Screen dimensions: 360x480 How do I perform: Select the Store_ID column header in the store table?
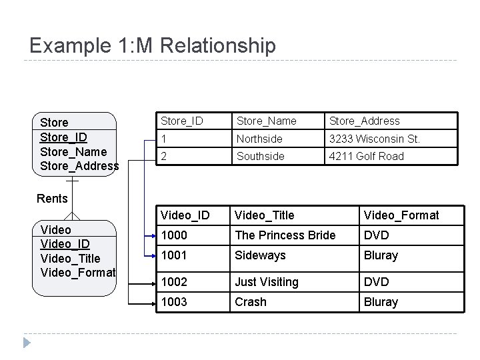[x=181, y=121]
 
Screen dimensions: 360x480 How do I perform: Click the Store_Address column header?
[x=364, y=121]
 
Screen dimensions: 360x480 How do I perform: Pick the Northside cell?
[x=259, y=139]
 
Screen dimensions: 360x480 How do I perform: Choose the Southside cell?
[x=260, y=156]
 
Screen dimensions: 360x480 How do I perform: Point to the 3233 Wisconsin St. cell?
[x=373, y=139]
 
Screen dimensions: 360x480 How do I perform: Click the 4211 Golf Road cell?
[x=366, y=156]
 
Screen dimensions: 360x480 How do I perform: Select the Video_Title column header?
[x=265, y=215]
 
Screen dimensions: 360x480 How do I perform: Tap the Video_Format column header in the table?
[x=401, y=215]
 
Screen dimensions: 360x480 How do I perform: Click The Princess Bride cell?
[x=285, y=235]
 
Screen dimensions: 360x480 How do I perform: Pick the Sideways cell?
[x=260, y=255]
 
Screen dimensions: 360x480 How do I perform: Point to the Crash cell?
[x=250, y=302]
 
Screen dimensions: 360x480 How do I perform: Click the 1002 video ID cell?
[x=174, y=282]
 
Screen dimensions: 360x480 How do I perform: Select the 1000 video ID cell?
[x=174, y=235]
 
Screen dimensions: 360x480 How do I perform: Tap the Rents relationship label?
[x=52, y=198]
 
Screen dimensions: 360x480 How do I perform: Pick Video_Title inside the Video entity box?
[x=71, y=258]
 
